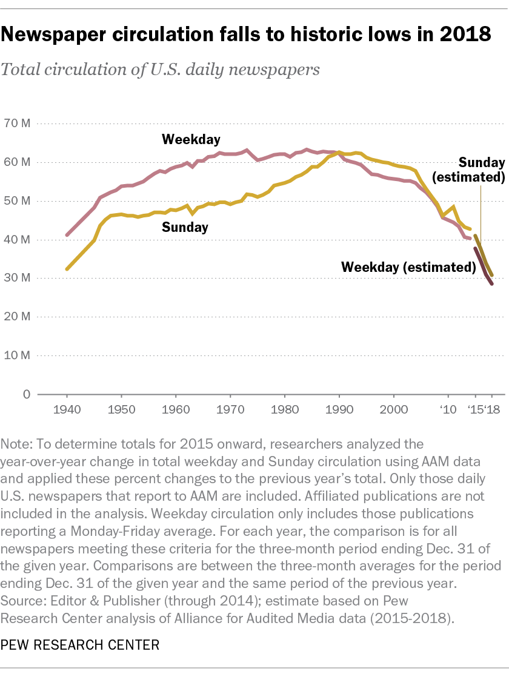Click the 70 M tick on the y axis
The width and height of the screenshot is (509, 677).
click(18, 124)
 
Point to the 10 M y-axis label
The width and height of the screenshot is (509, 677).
click(18, 355)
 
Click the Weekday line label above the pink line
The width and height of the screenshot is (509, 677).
click(191, 140)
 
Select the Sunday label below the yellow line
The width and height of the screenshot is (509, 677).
click(185, 228)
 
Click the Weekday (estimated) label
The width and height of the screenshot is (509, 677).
click(407, 266)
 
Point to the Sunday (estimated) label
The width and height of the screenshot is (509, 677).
click(481, 170)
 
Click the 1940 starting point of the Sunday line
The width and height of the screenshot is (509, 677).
click(67, 269)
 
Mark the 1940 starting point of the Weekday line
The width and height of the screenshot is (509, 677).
click(67, 235)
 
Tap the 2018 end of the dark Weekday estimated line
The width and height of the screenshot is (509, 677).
click(491, 283)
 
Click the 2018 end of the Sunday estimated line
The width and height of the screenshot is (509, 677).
click(491, 275)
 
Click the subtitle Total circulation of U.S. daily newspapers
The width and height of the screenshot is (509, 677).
click(160, 69)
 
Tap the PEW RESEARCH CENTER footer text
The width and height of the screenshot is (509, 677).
click(80, 644)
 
